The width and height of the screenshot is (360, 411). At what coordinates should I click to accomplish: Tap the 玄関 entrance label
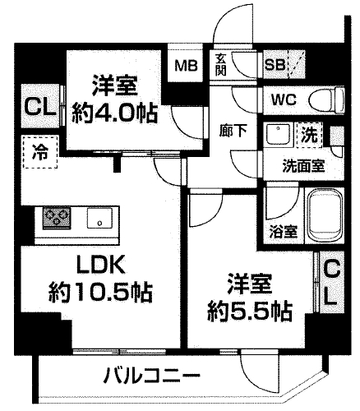coord(221,62)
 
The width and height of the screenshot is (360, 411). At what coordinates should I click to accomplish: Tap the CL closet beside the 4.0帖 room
coord(36,108)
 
